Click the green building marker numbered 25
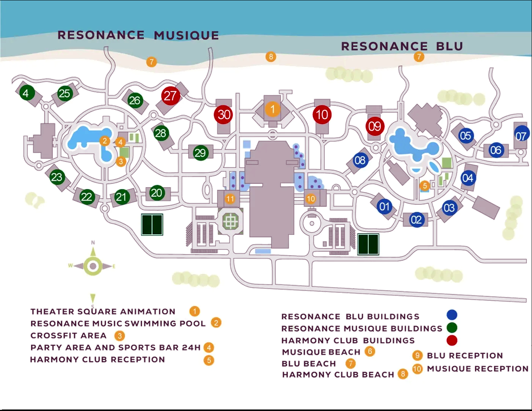[x=64, y=93]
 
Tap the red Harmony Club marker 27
[x=170, y=96]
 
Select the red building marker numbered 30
[x=224, y=114]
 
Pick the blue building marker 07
[x=521, y=135]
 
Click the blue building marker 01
[x=384, y=207]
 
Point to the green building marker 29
[x=200, y=153]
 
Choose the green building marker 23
[x=57, y=177]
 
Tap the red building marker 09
[x=375, y=126]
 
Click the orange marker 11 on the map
[x=230, y=199]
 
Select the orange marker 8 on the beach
[x=271, y=57]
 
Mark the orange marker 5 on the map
[x=425, y=186]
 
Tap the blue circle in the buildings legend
[x=452, y=315]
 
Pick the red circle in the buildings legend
[x=452, y=340]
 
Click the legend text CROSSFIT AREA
[x=68, y=336]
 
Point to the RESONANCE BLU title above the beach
[x=402, y=46]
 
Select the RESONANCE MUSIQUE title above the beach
[x=138, y=35]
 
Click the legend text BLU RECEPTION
[x=465, y=356]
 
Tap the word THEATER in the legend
[x=52, y=312]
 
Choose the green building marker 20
[x=156, y=193]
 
